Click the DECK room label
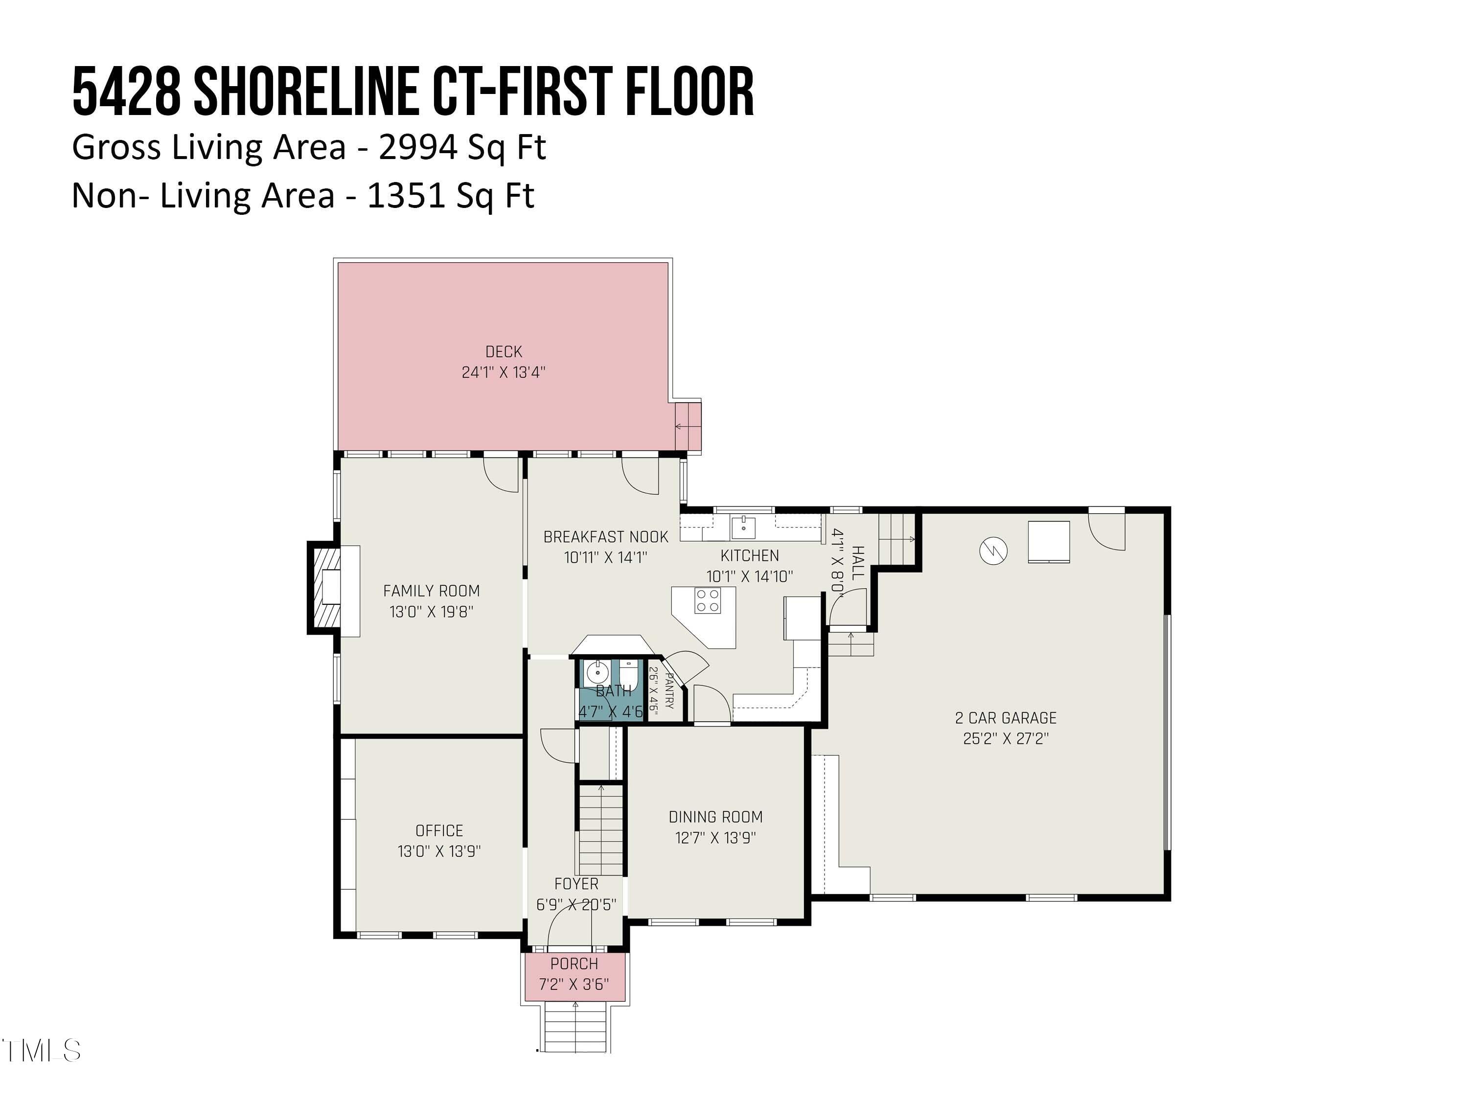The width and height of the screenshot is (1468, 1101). [x=503, y=352]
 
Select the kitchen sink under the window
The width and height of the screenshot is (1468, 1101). [x=743, y=528]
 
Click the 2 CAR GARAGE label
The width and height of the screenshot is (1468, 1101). [x=1006, y=717]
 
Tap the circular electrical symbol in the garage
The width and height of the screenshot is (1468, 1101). [x=993, y=550]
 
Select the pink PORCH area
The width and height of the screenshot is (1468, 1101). [x=574, y=976]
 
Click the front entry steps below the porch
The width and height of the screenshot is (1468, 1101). [x=575, y=1027]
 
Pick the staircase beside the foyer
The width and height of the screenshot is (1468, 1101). [x=600, y=829]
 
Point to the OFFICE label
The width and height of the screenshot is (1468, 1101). [x=438, y=830]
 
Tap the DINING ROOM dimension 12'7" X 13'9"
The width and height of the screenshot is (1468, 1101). [x=715, y=838]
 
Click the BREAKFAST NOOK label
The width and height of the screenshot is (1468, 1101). [x=605, y=536]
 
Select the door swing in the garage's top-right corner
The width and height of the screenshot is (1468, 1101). [x=1107, y=531]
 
